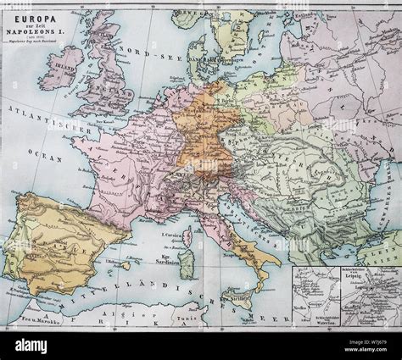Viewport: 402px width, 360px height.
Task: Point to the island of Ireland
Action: [x=62, y=67]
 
